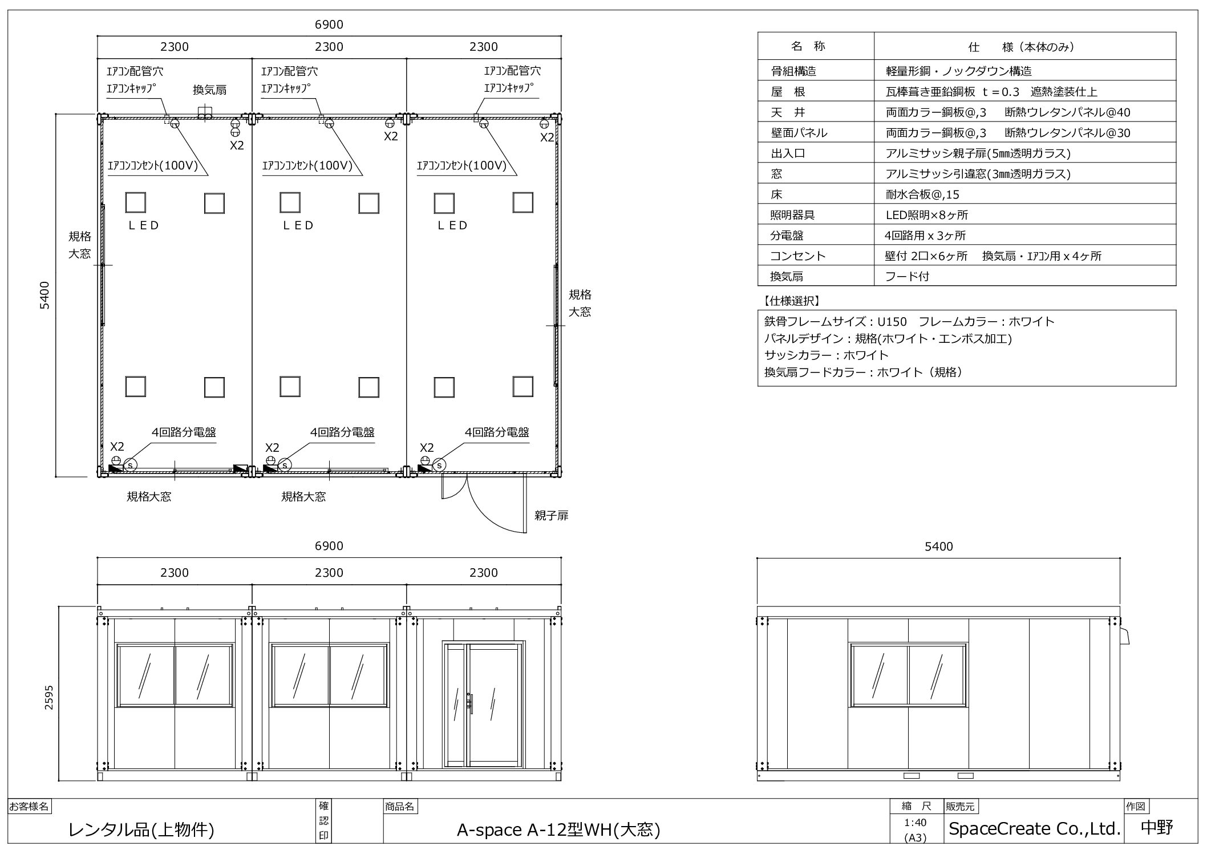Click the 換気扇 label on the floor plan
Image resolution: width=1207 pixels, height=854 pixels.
pos(209,90)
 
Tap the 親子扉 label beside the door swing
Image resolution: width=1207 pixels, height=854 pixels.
pos(551,516)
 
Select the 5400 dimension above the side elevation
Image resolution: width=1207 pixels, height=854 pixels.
pos(938,547)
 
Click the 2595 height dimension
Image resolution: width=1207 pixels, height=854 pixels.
pos(48,697)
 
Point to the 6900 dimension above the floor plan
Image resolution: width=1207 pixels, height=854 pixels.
pos(329,25)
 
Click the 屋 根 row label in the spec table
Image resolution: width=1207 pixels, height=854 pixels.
pos(788,92)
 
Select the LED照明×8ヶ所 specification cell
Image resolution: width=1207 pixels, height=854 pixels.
pos(927,215)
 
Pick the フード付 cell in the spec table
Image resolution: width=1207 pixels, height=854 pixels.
pos(908,277)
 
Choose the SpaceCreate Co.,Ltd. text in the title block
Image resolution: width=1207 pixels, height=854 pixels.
pos(1034,829)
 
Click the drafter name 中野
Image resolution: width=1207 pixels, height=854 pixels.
pos(1157,828)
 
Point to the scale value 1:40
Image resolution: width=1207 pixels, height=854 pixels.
pos(915,823)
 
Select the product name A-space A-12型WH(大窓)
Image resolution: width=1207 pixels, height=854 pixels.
pos(558,830)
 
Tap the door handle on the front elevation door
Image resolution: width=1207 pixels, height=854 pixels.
pos(471,703)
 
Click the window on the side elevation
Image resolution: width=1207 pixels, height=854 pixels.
pos(908,675)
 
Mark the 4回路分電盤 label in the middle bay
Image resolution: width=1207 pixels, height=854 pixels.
pos(342,432)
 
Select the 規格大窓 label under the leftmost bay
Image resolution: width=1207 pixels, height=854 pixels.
pos(149,496)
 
